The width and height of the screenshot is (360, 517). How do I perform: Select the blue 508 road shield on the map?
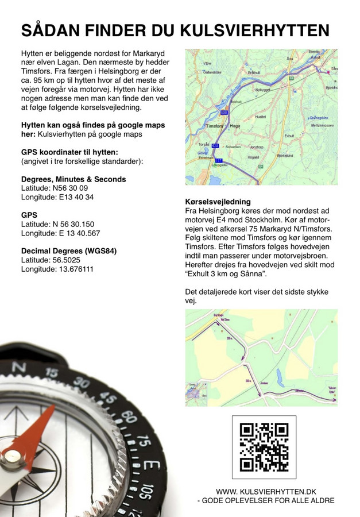pyautogui.click(x=224, y=111)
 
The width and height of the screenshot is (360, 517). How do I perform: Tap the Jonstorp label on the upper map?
pyautogui.click(x=256, y=147)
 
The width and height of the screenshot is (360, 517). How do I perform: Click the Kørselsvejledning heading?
pyautogui.click(x=218, y=202)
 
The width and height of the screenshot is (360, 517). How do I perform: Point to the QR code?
pyautogui.click(x=264, y=447)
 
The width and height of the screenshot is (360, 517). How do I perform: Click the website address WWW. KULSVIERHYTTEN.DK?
pyautogui.click(x=266, y=492)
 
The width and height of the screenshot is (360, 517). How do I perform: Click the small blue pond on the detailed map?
pyautogui.click(x=280, y=377)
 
